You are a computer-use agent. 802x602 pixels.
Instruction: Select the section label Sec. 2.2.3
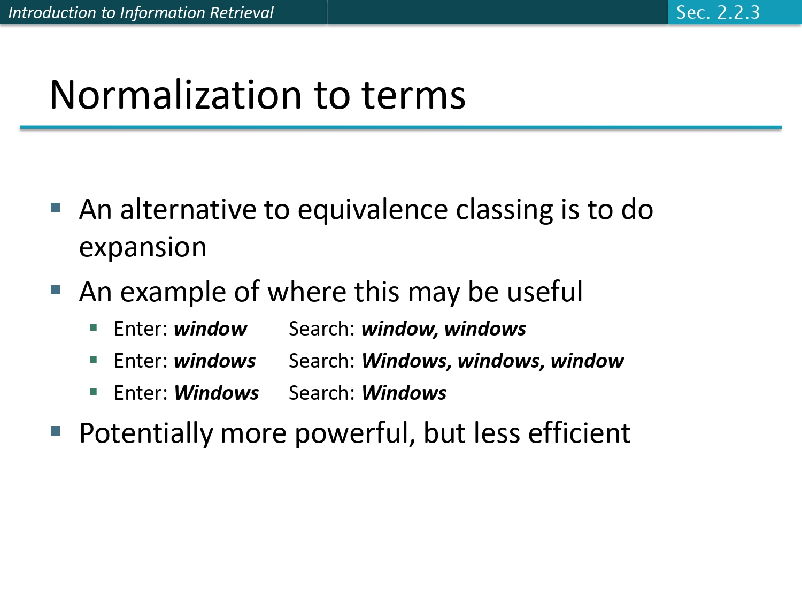[718, 12]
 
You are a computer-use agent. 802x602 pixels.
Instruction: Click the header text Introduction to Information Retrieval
[141, 12]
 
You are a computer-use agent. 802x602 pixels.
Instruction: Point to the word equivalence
[372, 210]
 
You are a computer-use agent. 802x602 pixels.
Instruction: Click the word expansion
[143, 247]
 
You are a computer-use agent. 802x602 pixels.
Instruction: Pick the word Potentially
[145, 433]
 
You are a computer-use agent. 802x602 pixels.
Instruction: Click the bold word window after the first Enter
[210, 329]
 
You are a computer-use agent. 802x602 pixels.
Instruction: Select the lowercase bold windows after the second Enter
[214, 361]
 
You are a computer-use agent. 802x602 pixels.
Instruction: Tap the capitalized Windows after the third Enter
[216, 393]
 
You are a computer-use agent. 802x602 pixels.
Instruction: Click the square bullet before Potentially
[56, 431]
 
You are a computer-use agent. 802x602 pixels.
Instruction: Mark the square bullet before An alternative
[56, 208]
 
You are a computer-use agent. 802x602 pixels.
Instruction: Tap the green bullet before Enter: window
[94, 328]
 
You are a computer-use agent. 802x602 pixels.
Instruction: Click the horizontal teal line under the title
[401, 128]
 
